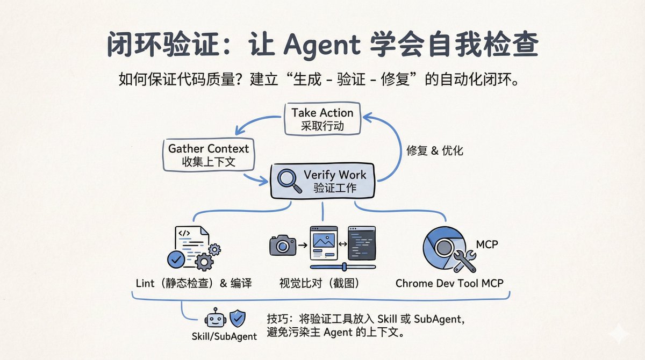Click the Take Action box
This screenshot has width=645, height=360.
tap(322, 119)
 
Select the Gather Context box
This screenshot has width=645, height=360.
tap(209, 155)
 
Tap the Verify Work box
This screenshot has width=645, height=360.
tap(322, 181)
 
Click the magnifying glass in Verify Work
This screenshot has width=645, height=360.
tap(289, 181)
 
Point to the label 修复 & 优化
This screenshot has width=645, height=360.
tap(434, 151)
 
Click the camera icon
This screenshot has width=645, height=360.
tap(283, 245)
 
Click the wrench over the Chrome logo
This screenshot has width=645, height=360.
tap(464, 261)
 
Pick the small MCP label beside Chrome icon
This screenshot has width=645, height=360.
tap(487, 244)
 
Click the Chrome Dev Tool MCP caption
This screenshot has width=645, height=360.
tap(449, 284)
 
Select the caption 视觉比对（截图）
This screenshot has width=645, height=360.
tap(319, 284)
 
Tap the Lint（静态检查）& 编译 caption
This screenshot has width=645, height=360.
tap(194, 284)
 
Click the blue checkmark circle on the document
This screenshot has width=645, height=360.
tap(176, 260)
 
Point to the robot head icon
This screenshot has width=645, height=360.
tap(216, 318)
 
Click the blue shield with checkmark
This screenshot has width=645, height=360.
tap(238, 318)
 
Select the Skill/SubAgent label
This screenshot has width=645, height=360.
tap(224, 336)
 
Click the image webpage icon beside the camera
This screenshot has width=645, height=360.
tap(324, 243)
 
